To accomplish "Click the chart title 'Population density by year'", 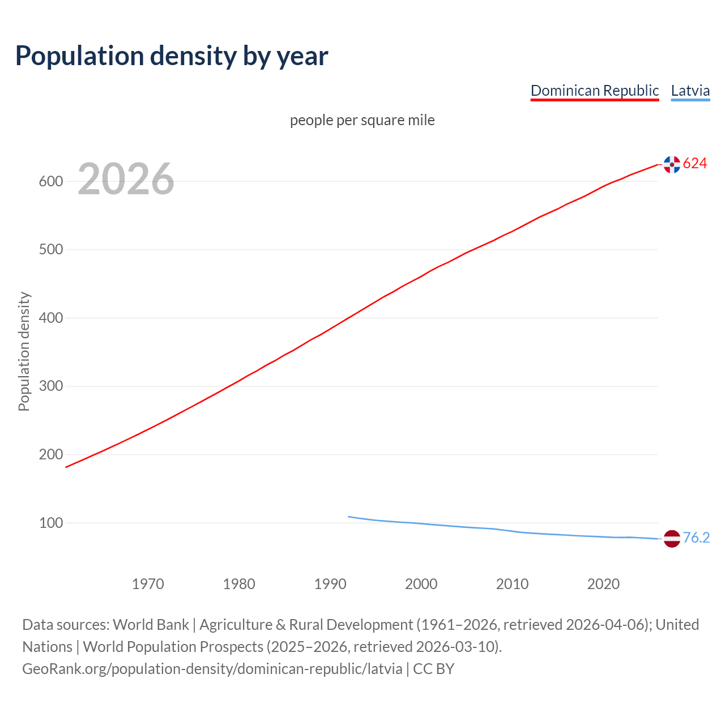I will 172,56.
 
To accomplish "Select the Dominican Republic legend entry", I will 594,91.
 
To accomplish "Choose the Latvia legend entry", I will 690,91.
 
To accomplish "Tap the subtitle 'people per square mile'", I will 362,120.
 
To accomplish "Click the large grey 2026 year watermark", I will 126,179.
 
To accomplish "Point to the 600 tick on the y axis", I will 50,182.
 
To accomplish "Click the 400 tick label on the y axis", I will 50,318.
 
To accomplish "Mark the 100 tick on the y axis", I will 50,523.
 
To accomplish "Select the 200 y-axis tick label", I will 50,455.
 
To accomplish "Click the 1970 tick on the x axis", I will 148,584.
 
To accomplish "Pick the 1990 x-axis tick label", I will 330,584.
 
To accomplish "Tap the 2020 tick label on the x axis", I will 603,584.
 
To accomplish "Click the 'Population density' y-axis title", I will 24,351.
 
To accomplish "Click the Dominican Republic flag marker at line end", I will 672,164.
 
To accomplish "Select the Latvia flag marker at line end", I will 672,539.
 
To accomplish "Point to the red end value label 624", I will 695,164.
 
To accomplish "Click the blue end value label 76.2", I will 696,538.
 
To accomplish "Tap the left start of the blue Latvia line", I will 349,517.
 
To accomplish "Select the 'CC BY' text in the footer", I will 433,669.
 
